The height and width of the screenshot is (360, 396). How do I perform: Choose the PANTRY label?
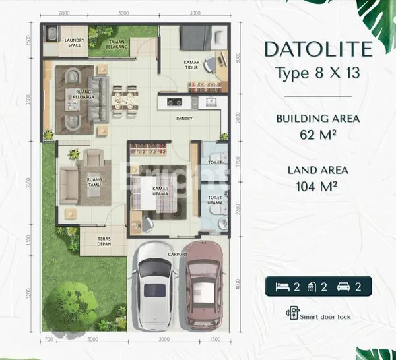(x=184, y=120)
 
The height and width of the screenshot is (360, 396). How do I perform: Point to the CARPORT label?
(x=178, y=254)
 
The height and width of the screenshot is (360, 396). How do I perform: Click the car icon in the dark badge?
(x=345, y=286)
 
